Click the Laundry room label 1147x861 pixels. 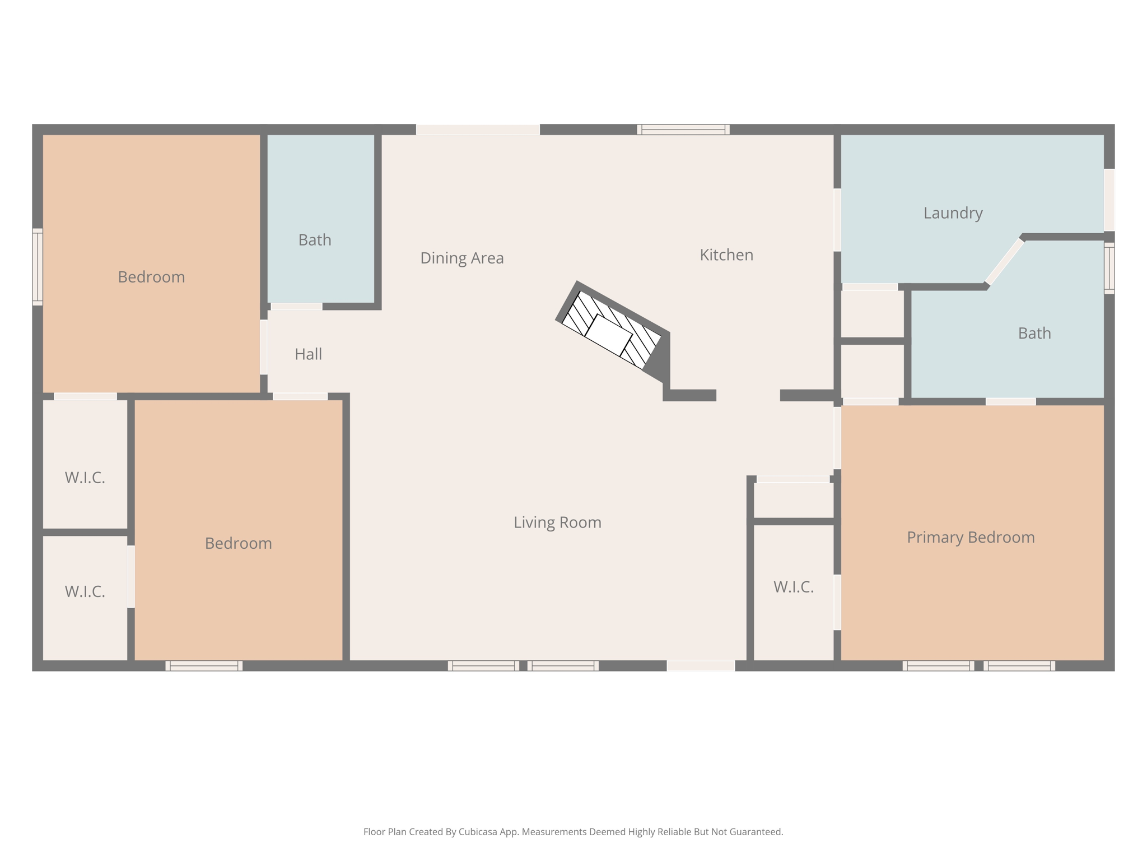pyautogui.click(x=953, y=213)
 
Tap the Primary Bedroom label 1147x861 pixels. pyautogui.click(x=970, y=537)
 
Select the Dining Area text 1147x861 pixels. pyautogui.click(x=461, y=258)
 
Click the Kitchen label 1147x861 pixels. pyautogui.click(x=726, y=255)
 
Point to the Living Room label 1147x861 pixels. pyautogui.click(x=557, y=522)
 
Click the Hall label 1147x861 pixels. pyautogui.click(x=308, y=354)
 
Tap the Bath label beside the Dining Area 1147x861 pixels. pyautogui.click(x=314, y=240)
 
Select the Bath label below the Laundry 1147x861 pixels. pyautogui.click(x=1034, y=334)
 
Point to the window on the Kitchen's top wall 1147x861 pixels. pyautogui.click(x=683, y=129)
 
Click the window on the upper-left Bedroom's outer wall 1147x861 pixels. pyautogui.click(x=37, y=267)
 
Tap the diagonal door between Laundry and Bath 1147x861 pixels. pyautogui.click(x=1004, y=262)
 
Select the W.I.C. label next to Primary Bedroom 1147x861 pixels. pyautogui.click(x=793, y=587)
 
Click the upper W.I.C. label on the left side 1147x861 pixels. pyautogui.click(x=85, y=478)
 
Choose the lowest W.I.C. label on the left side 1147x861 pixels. pyautogui.click(x=85, y=591)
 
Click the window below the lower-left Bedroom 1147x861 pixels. pyautogui.click(x=204, y=665)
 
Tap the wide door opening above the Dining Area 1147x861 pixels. pyautogui.click(x=477, y=129)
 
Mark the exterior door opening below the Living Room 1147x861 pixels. pyautogui.click(x=700, y=665)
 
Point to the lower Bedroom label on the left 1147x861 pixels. pyautogui.click(x=238, y=543)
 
